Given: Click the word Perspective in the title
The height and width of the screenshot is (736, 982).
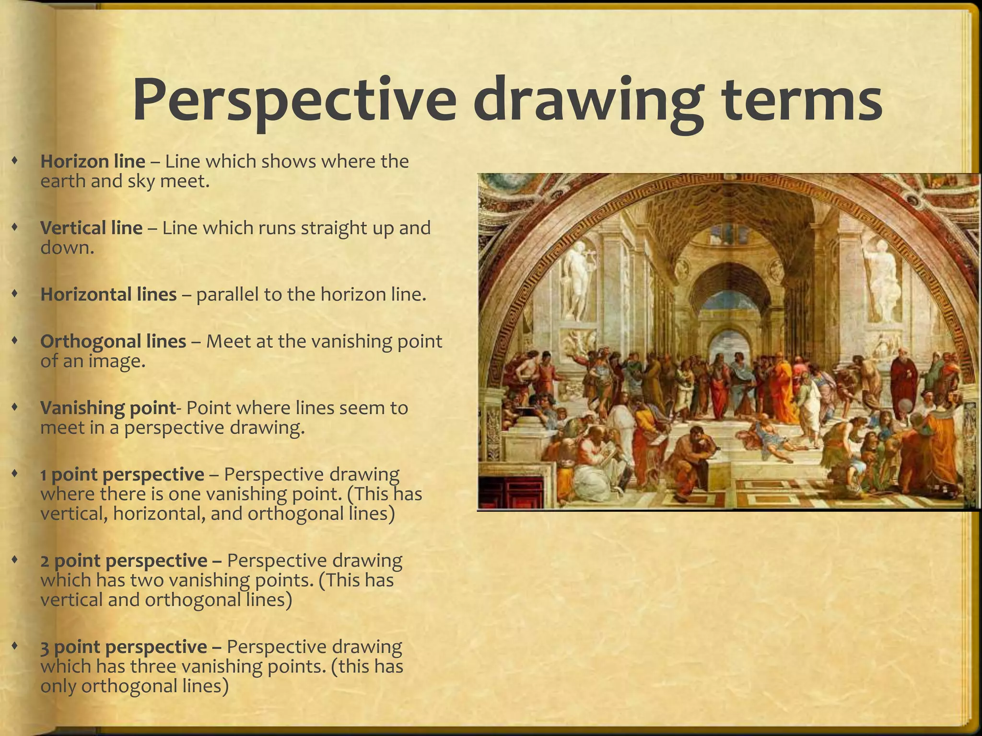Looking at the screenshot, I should (x=293, y=98).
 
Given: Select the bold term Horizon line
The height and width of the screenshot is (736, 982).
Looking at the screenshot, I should (x=93, y=161).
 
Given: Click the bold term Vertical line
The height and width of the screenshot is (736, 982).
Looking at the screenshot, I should (x=91, y=228).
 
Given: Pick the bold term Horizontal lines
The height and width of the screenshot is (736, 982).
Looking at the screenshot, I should (x=108, y=294).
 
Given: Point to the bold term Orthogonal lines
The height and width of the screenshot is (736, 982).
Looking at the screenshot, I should (x=113, y=341).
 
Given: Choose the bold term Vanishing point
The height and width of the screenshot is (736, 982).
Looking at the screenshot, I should (x=108, y=408).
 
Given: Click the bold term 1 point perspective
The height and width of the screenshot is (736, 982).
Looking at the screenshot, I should (x=122, y=474).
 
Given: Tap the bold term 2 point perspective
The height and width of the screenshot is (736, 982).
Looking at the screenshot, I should (x=124, y=561).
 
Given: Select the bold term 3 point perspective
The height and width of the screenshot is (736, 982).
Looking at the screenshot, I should (x=124, y=647).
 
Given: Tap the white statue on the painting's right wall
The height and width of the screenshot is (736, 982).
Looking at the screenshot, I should (x=881, y=278).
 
